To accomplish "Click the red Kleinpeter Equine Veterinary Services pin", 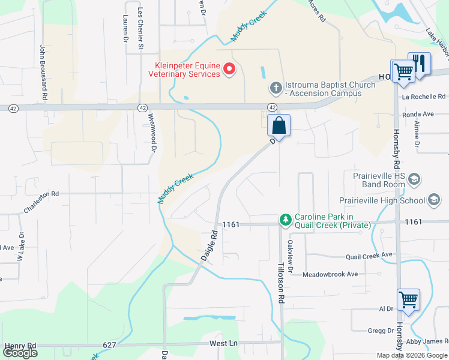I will pyautogui.click(x=229, y=70).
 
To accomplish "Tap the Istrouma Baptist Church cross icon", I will pyautogui.click(x=276, y=89).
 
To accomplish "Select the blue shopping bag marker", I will pyautogui.click(x=279, y=126).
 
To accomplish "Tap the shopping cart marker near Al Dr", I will pyautogui.click(x=408, y=299).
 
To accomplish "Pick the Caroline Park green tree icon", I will pyautogui.click(x=286, y=220).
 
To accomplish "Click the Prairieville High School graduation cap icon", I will pyautogui.click(x=433, y=200).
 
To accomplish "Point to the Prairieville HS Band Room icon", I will pyautogui.click(x=415, y=179).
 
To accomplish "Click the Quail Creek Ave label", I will pyautogui.click(x=369, y=256).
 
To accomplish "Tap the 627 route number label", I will pyautogui.click(x=109, y=345).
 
